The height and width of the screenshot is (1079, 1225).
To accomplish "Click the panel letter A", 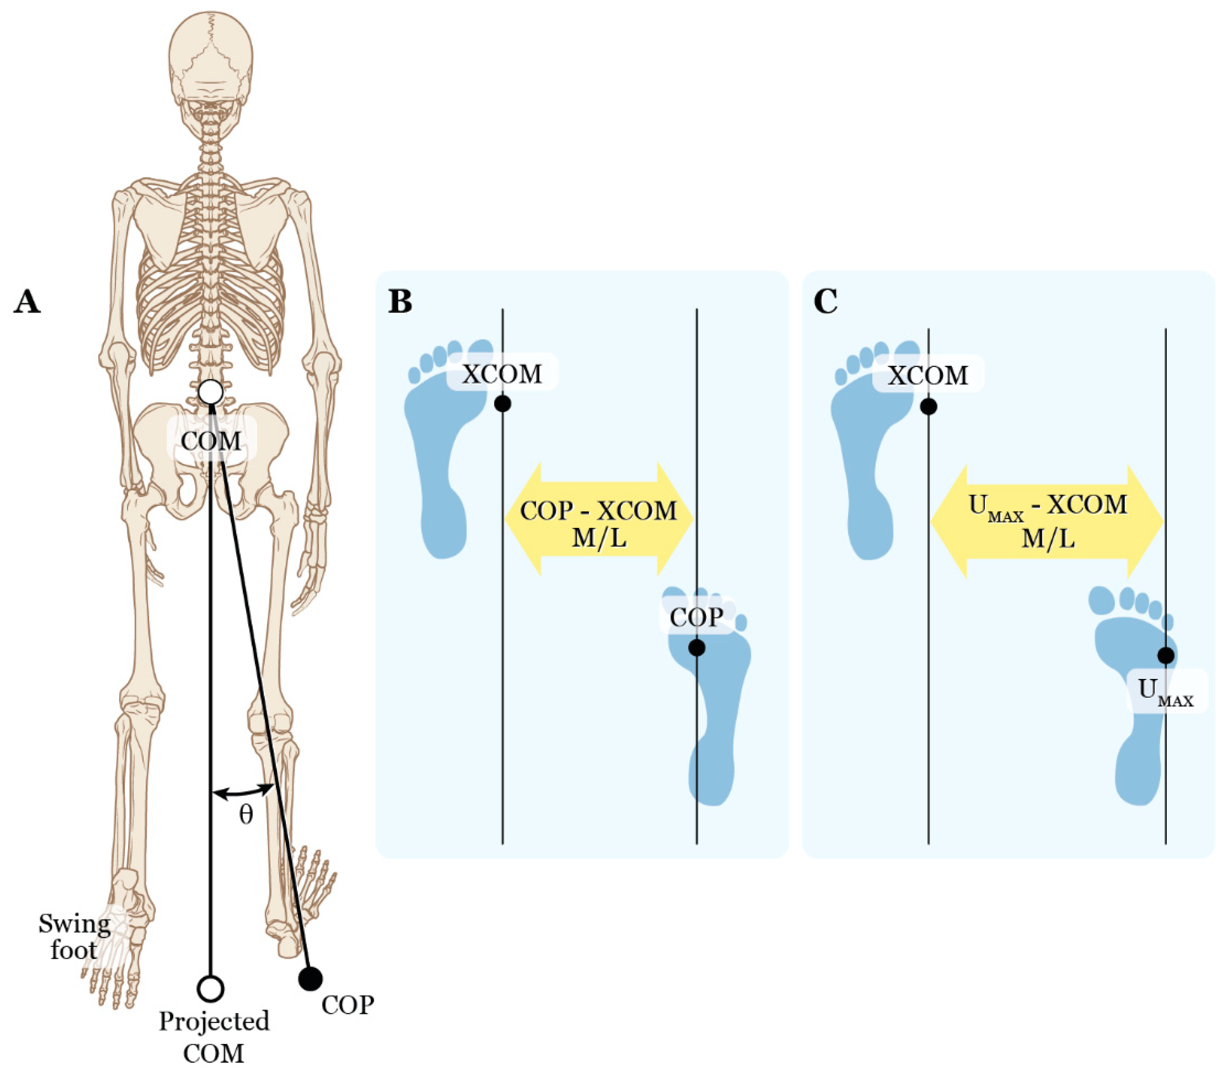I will (27, 301).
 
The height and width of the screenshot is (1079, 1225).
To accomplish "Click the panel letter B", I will (400, 301).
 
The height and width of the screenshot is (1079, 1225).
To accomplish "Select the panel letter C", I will (826, 301).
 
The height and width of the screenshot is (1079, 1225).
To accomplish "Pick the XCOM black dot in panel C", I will (928, 407).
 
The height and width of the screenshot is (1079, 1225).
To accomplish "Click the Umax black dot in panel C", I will (1166, 655).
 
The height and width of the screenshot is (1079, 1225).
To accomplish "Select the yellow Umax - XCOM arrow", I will (1047, 521).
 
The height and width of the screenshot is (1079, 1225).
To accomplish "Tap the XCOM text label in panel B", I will (502, 374).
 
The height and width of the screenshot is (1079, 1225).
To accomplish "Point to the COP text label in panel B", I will (697, 617).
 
